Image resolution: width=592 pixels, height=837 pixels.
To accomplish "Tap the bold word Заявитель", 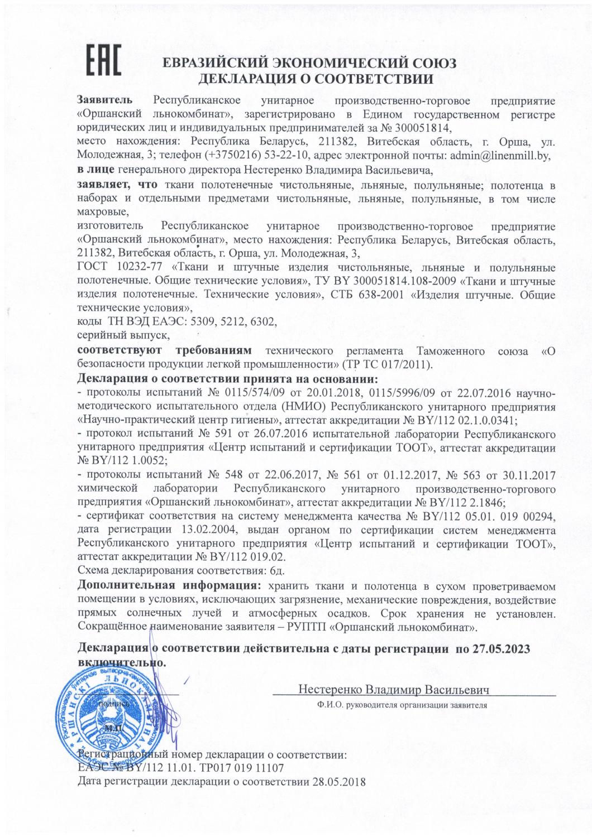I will [104, 100].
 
